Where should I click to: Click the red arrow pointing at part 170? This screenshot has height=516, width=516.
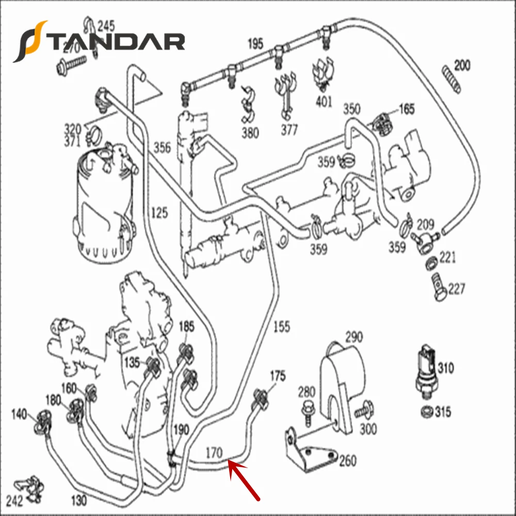tap(244, 480)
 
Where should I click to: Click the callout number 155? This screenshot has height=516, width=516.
tap(281, 326)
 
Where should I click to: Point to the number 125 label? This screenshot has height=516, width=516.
tap(159, 212)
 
